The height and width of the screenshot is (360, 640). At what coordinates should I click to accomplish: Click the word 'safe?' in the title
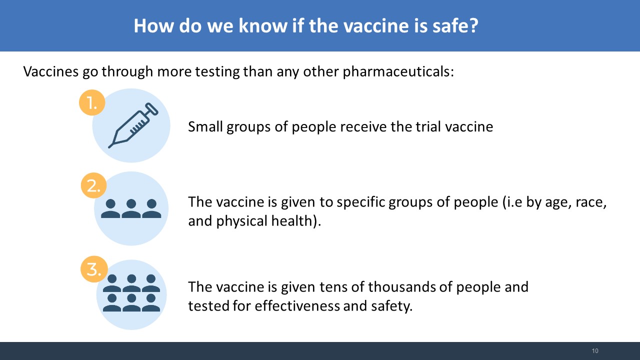pyautogui.click(x=455, y=25)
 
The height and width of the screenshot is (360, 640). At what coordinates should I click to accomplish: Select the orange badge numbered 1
pyautogui.click(x=92, y=102)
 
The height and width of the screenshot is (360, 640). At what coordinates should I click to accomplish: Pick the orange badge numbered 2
pyautogui.click(x=93, y=185)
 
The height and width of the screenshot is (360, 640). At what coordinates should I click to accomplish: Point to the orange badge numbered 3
pyautogui.click(x=94, y=269)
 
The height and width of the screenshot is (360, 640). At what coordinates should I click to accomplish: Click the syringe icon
pyautogui.click(x=133, y=125)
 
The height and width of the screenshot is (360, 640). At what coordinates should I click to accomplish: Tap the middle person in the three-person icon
pyautogui.click(x=131, y=208)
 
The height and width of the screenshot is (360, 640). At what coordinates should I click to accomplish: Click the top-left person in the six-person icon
pyautogui.click(x=111, y=283)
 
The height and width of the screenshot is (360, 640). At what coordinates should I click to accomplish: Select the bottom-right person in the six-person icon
pyautogui.click(x=151, y=302)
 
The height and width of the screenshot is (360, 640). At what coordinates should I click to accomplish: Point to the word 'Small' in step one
pyautogui.click(x=205, y=126)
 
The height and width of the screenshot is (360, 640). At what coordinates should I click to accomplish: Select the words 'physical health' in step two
pyautogui.click(x=263, y=221)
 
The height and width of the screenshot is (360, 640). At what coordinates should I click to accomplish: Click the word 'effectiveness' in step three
pyautogui.click(x=297, y=305)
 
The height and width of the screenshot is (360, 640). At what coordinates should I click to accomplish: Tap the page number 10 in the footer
pyautogui.click(x=595, y=351)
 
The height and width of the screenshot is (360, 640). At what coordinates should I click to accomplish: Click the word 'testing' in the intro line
pyautogui.click(x=217, y=72)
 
